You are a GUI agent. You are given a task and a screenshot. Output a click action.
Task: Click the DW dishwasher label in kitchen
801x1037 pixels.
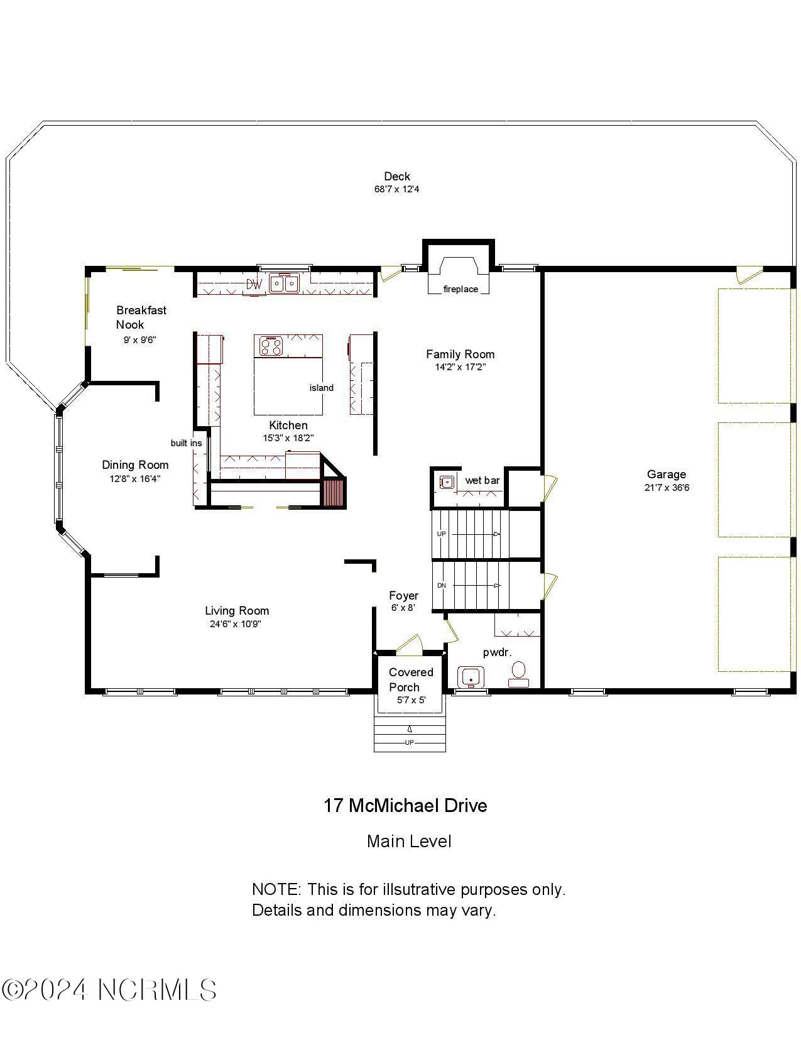click(253, 284)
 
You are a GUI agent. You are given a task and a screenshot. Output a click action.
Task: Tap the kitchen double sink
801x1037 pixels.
click(285, 283)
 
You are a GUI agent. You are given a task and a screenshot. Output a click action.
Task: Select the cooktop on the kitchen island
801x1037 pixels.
click(271, 346)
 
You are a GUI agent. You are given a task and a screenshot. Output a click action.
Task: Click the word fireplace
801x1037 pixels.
click(460, 289)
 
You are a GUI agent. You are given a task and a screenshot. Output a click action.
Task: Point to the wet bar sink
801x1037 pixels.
click(447, 483)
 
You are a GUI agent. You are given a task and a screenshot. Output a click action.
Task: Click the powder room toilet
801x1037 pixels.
click(518, 673)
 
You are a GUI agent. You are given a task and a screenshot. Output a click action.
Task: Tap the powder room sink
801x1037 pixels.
click(470, 678)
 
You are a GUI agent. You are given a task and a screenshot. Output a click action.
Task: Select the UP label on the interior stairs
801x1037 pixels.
click(441, 534)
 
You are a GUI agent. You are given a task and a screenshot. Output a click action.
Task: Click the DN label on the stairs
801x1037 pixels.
click(441, 586)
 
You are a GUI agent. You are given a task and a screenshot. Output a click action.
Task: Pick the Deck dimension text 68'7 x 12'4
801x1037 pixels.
click(396, 189)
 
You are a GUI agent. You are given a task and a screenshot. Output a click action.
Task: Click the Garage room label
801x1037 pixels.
click(666, 475)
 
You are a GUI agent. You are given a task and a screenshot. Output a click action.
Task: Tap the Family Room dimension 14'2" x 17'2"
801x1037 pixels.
click(460, 367)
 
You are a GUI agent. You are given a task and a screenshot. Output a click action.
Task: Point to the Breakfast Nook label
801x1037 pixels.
click(141, 317)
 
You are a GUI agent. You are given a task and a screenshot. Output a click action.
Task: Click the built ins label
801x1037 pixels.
click(186, 443)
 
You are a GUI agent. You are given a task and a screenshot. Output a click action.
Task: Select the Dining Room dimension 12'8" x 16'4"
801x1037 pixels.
click(135, 478)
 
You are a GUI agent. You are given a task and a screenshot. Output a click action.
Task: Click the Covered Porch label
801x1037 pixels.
click(411, 679)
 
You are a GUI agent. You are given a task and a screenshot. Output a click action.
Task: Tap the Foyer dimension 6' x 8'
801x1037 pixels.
click(403, 608)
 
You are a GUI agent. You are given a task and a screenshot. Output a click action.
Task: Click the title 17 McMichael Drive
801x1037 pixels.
click(405, 806)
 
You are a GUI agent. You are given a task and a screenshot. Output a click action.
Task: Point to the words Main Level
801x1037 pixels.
click(409, 841)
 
